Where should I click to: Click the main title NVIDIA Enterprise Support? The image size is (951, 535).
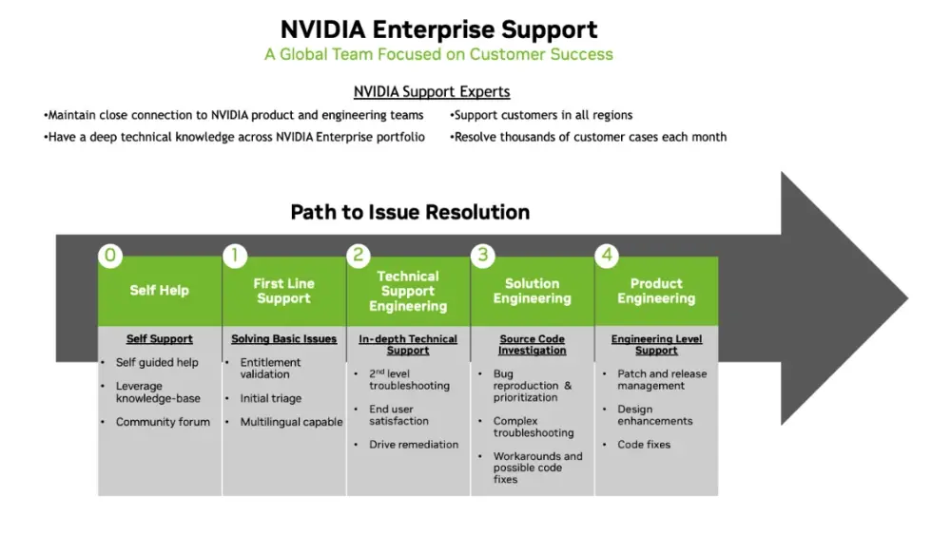coord(438,29)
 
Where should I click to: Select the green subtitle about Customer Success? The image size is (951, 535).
coord(438,54)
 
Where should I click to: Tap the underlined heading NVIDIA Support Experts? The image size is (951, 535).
coord(432,92)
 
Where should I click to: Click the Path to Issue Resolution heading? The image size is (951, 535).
coord(410,212)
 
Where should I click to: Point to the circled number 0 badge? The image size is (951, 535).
coord(111,255)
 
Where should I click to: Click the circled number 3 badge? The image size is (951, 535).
coord(483,255)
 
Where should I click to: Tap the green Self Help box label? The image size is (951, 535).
coord(160,291)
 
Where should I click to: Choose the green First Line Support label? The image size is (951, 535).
coord(283,291)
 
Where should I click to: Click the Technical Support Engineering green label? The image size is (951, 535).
coord(408,291)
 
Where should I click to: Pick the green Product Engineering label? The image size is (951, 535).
coord(656,291)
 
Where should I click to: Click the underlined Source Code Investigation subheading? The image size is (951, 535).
coord(532,344)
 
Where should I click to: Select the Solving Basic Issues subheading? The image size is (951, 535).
coord(283,339)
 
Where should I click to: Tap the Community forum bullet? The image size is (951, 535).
coord(163,422)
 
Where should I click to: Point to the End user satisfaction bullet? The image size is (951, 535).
coord(398,415)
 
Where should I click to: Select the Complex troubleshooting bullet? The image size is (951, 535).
coord(533,427)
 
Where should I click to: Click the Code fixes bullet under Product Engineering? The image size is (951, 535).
coord(644,445)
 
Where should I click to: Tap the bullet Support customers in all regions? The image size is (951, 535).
coord(542,115)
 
